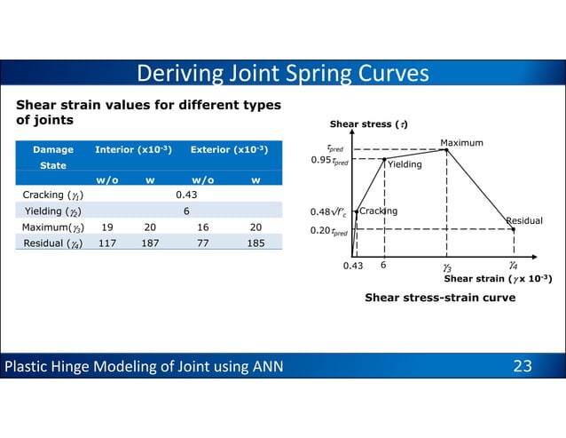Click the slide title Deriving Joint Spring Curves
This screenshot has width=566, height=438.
pos(283,73)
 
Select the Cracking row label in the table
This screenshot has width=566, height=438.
pos(48,195)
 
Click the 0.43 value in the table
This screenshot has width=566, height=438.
pos(185,195)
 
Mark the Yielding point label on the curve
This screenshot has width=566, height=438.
pos(405,164)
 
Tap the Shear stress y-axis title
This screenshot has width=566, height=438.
pos(362,123)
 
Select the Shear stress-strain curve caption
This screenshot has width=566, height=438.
pos(440,298)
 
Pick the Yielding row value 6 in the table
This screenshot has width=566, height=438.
pos(185,211)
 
